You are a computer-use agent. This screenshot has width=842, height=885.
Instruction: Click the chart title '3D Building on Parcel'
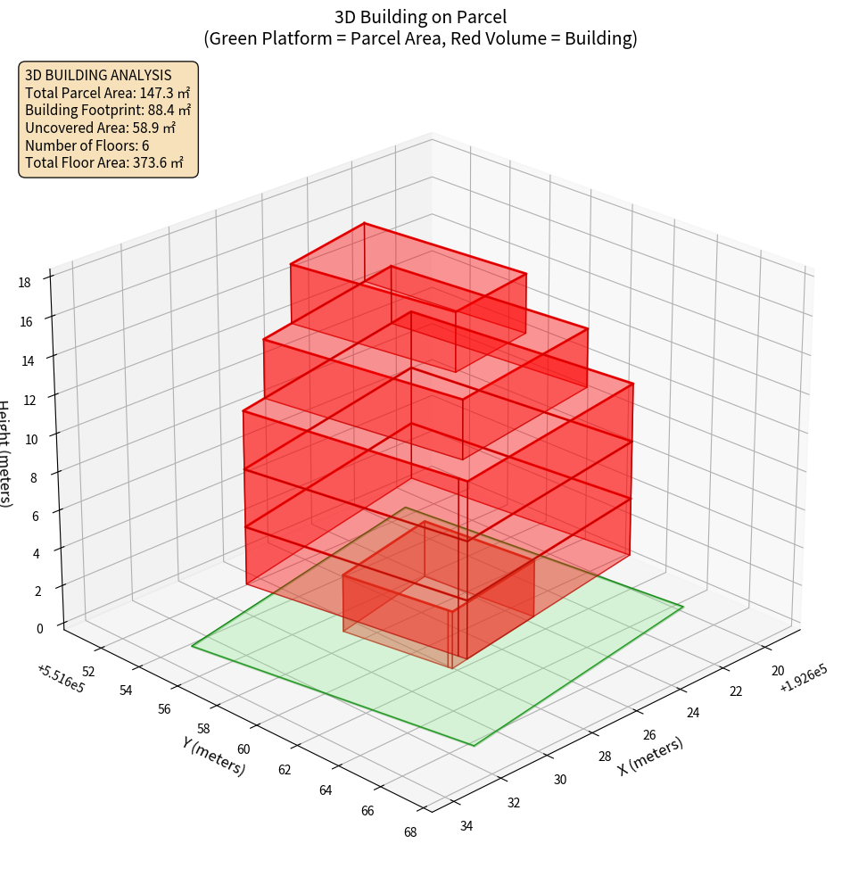(420, 16)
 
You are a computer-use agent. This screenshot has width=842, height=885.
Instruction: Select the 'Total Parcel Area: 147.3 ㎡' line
(107, 92)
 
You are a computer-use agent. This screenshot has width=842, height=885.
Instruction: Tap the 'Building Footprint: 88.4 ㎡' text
(108, 110)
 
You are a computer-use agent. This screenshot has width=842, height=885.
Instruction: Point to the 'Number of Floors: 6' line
(87, 145)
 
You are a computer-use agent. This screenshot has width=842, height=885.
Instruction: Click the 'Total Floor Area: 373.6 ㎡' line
(104, 162)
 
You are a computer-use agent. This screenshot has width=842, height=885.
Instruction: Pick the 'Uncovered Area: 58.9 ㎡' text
(101, 128)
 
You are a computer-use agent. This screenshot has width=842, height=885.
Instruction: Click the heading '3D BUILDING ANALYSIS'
(98, 75)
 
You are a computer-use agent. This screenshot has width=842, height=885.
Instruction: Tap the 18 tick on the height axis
(24, 283)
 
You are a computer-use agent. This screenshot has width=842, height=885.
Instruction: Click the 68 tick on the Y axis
(410, 832)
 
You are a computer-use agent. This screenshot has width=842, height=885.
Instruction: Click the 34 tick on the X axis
(466, 825)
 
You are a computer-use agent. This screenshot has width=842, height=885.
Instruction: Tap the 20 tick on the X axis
(777, 671)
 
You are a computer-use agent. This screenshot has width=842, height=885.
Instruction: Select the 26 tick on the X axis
(648, 734)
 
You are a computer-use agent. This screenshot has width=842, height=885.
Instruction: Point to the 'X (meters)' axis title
(651, 756)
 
